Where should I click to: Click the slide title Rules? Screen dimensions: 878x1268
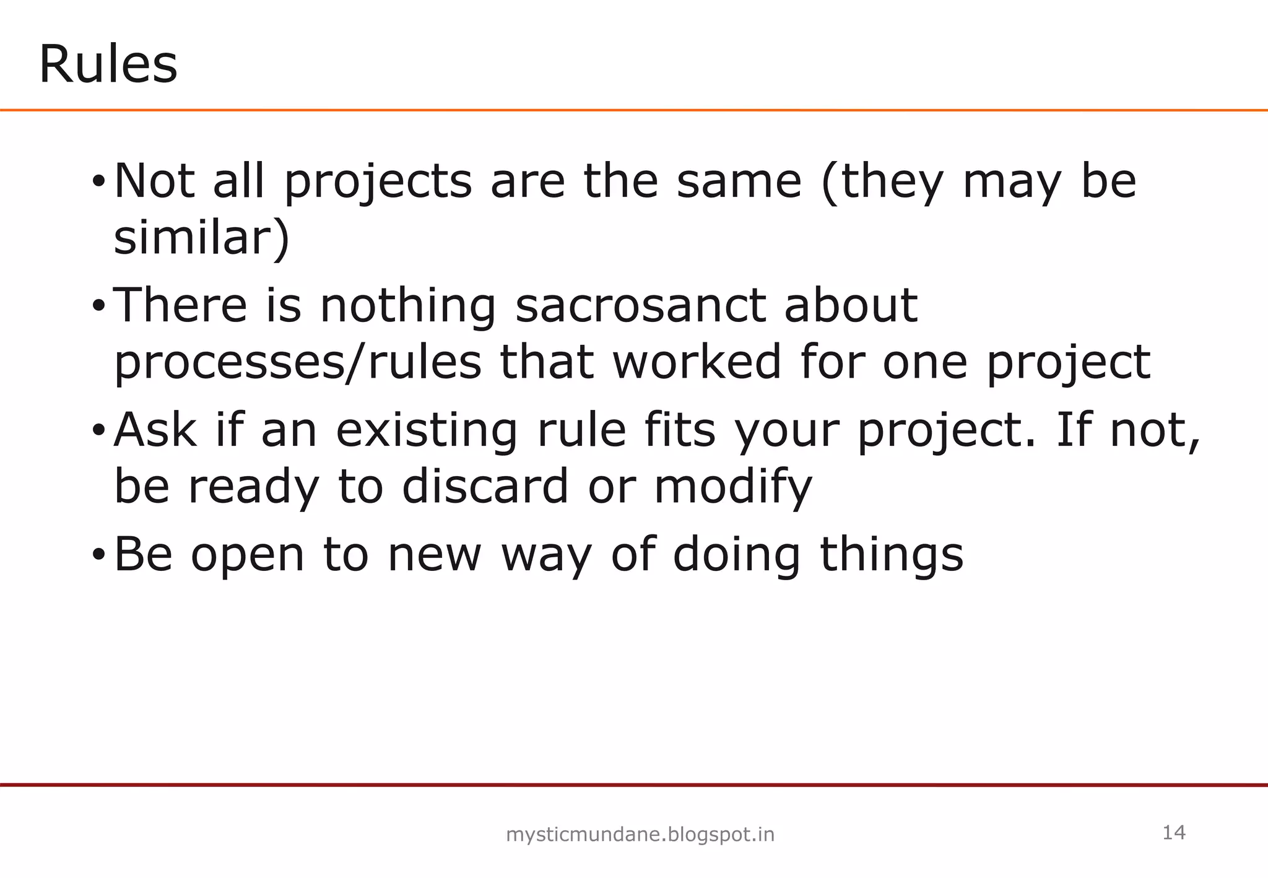point(108,64)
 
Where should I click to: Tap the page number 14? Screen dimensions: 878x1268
point(1174,833)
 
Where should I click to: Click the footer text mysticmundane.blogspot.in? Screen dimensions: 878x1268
point(640,835)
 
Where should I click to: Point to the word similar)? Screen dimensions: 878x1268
point(202,238)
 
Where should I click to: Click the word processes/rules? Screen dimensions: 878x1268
point(298,363)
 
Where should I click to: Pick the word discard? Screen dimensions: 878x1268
point(485,486)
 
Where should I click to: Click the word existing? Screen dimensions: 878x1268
point(427,430)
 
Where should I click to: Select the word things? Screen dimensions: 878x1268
point(892,555)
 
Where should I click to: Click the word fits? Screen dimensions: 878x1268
point(679,430)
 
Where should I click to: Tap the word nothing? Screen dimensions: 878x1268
point(408,306)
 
